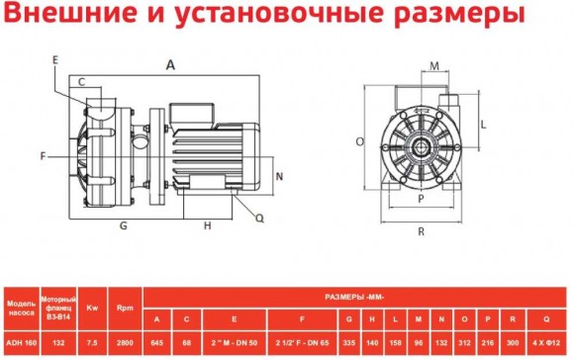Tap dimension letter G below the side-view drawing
pyautogui.click(x=124, y=225)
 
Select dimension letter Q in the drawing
pyautogui.click(x=259, y=219)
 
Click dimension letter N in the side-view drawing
pyautogui.click(x=280, y=176)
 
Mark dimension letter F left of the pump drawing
pyautogui.click(x=44, y=156)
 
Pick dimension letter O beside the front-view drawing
pyautogui.click(x=359, y=142)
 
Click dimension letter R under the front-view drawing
pyautogui.click(x=422, y=232)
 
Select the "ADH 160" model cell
pyautogui.click(x=22, y=342)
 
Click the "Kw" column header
pyautogui.click(x=91, y=305)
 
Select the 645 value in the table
pyautogui.click(x=156, y=342)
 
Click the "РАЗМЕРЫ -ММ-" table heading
pyautogui.click(x=354, y=295)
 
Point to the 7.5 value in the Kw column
pyautogui.click(x=91, y=342)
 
